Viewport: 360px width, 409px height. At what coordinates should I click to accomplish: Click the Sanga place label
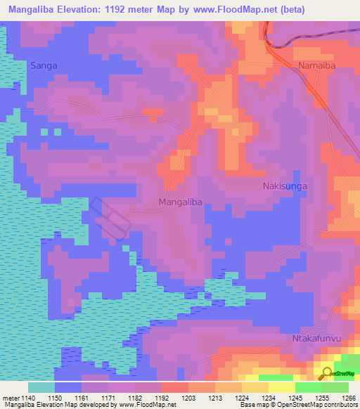tap(44, 65)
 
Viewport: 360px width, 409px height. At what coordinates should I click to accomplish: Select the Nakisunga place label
tap(285, 186)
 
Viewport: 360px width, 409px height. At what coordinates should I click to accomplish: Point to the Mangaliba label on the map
tap(181, 202)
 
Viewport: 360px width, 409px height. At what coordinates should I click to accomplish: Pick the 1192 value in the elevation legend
tap(162, 398)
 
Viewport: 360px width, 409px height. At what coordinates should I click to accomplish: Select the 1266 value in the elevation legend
tap(349, 398)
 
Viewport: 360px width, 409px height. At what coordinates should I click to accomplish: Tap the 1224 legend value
tap(243, 398)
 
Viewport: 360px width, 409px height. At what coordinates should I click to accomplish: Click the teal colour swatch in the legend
tap(41, 387)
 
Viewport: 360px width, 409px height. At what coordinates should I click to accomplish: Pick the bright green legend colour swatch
tap(308, 387)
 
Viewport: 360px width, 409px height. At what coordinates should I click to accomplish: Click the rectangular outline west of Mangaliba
tap(110, 219)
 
